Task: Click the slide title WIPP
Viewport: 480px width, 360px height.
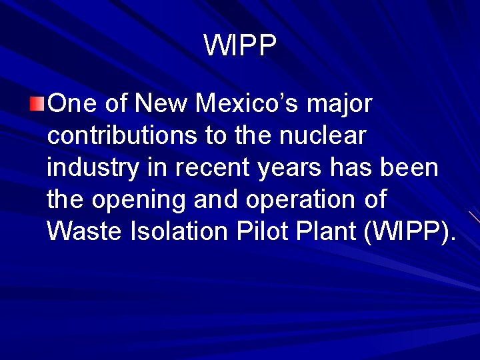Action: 240,46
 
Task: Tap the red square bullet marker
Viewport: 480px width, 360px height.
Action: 37,103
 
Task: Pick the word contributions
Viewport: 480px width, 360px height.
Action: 123,136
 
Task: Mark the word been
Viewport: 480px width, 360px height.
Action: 412,168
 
